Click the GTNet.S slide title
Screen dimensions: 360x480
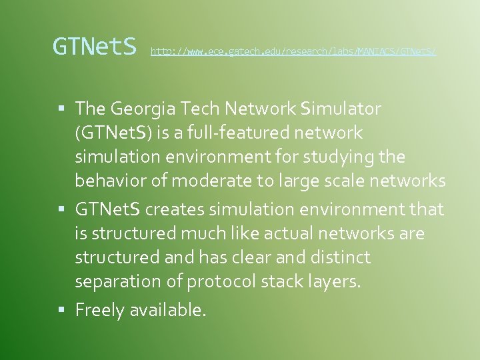tap(95, 47)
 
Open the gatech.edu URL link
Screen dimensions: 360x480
tap(293, 51)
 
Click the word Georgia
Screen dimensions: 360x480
tap(142, 108)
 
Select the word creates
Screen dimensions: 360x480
tap(174, 209)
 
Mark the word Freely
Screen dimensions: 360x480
tap(99, 310)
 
